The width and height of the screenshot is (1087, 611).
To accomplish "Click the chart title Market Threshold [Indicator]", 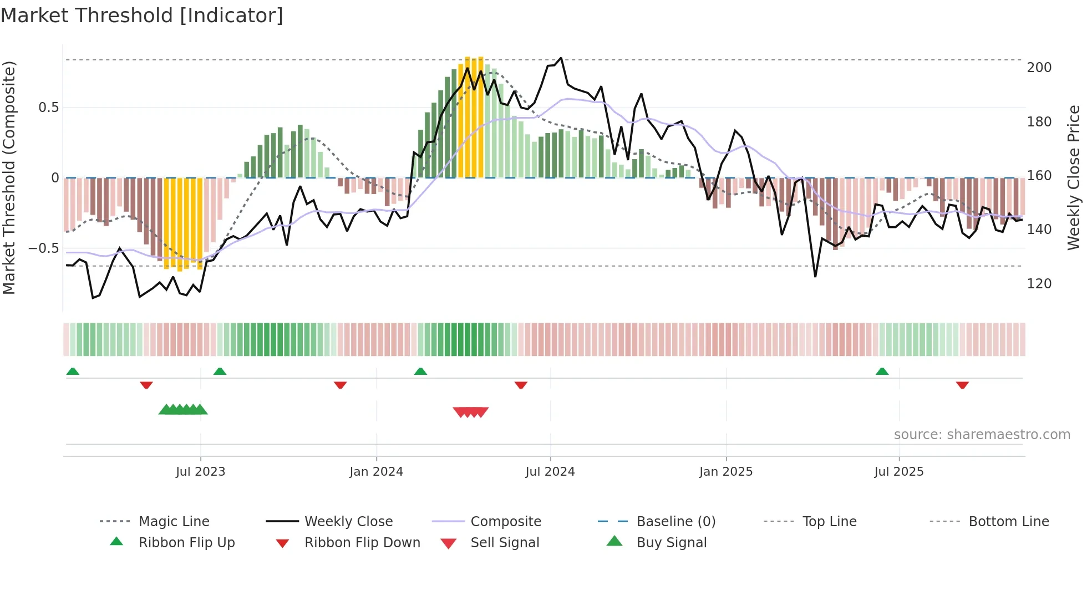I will (142, 16).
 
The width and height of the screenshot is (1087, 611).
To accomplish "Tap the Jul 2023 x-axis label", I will (200, 472).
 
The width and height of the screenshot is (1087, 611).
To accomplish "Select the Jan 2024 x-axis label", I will (376, 472).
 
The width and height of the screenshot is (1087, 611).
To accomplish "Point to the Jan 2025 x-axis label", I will (726, 472).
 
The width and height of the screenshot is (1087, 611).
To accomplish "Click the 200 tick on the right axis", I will (1039, 68).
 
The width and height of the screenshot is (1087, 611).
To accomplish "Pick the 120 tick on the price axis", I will (1039, 284).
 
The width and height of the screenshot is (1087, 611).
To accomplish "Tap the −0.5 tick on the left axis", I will (43, 248).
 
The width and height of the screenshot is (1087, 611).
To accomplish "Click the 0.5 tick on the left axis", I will (48, 108).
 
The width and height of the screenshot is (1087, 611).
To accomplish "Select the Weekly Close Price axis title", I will (1074, 177).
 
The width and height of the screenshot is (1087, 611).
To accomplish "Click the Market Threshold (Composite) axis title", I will (9, 177).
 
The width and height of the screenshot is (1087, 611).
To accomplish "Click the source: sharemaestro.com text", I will (982, 435).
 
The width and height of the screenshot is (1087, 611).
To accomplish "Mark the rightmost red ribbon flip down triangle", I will (962, 385).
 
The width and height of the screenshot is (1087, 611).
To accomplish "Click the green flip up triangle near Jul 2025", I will (882, 371).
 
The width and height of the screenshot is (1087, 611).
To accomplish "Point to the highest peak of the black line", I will (561, 58).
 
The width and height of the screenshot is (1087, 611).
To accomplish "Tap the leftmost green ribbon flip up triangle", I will (73, 371).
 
